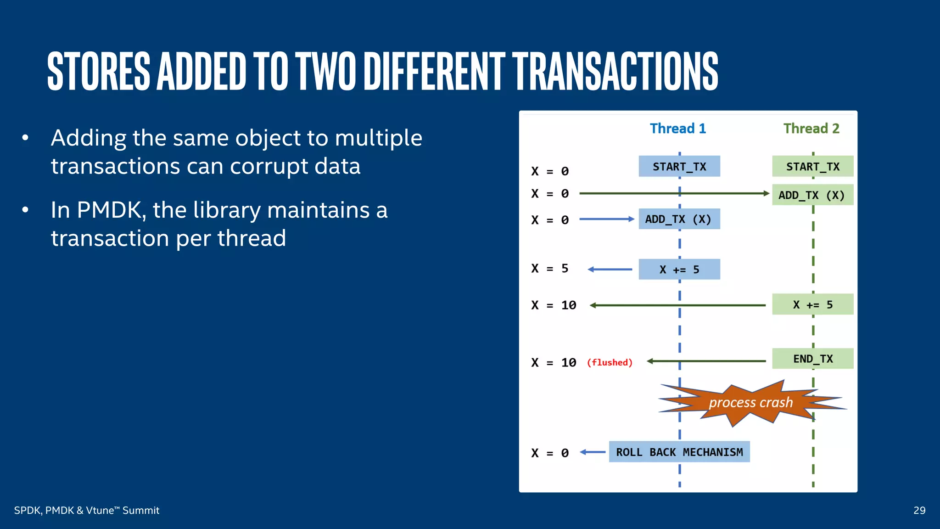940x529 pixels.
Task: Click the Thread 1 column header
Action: [x=678, y=129]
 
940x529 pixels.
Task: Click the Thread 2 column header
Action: [x=811, y=129]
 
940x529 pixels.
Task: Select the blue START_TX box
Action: [x=679, y=166]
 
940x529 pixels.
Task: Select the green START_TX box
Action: [x=812, y=166]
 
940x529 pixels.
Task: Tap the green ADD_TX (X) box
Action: [x=812, y=195]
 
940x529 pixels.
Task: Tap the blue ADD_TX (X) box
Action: [x=679, y=219]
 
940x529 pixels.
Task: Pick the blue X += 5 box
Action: [x=679, y=269]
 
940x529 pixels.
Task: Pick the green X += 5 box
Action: [x=812, y=304]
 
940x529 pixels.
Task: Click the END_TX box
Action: [x=812, y=359]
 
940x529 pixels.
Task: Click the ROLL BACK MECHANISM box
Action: [x=679, y=452]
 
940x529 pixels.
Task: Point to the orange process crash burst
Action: [x=751, y=403]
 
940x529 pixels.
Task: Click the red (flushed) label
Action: [x=610, y=363]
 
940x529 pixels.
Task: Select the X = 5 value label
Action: [x=550, y=269]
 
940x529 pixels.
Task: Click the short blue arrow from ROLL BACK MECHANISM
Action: [x=593, y=452]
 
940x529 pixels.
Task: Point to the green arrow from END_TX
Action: [x=706, y=361]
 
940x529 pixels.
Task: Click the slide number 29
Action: [x=919, y=511]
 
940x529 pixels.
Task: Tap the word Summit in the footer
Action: [x=141, y=511]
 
